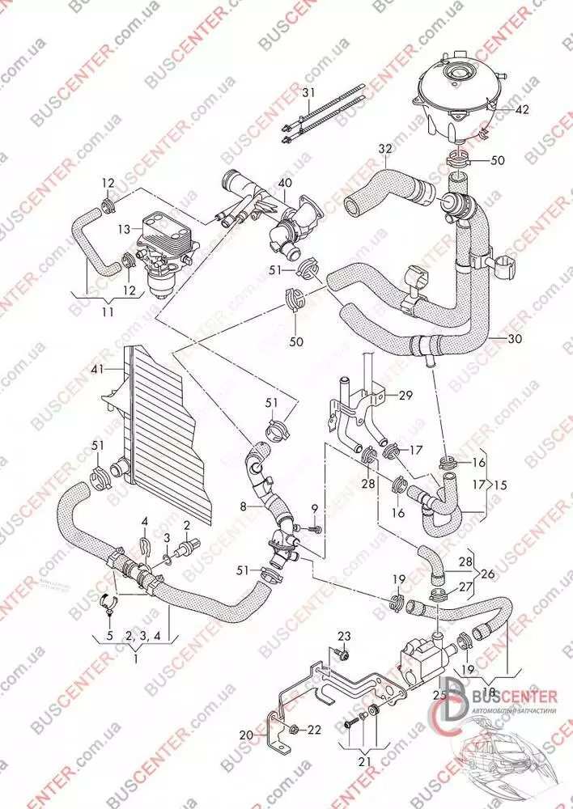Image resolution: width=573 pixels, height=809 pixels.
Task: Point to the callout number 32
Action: tap(384, 149)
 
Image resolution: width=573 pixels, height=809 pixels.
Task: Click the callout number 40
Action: tap(284, 184)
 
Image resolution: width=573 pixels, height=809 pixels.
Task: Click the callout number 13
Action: tap(125, 229)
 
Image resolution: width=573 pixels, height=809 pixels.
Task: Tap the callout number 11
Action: tap(108, 310)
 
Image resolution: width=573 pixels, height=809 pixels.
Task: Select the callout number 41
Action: tap(98, 369)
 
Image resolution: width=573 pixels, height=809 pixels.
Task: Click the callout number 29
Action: tap(405, 395)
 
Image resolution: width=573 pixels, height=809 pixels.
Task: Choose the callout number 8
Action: tap(241, 507)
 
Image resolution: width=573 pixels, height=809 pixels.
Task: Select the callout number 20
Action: tap(245, 735)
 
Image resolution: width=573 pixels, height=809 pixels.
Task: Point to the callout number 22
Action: tap(314, 729)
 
